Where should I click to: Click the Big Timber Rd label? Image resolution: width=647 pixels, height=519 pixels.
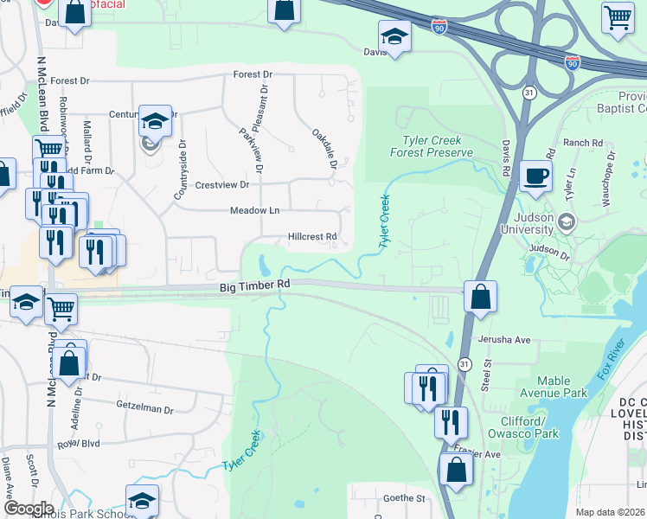[254, 285]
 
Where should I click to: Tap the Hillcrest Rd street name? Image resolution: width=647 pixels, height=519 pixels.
[311, 237]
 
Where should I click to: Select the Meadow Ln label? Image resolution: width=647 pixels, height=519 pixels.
[254, 211]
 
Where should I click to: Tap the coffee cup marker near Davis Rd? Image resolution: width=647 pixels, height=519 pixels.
[536, 175]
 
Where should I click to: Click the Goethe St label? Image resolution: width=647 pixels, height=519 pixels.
[405, 498]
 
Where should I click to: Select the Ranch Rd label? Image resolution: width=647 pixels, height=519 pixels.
[581, 143]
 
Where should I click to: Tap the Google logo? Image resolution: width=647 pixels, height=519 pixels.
[29, 509]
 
